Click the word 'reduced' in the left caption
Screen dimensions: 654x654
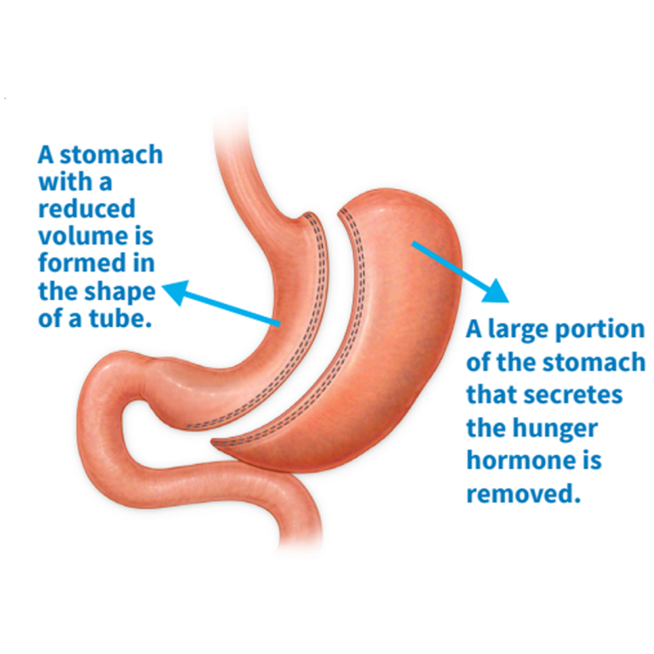click(87, 209)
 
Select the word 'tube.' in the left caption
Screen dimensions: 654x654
click(120, 318)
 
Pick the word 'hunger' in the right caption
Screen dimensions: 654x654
click(555, 429)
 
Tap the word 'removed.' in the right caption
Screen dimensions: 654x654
click(524, 493)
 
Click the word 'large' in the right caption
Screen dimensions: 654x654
click(519, 330)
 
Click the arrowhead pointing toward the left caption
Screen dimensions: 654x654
click(175, 291)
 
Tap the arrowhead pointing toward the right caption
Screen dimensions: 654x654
click(496, 290)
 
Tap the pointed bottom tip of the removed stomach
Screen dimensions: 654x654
click(214, 442)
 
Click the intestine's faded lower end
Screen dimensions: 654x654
click(301, 542)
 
